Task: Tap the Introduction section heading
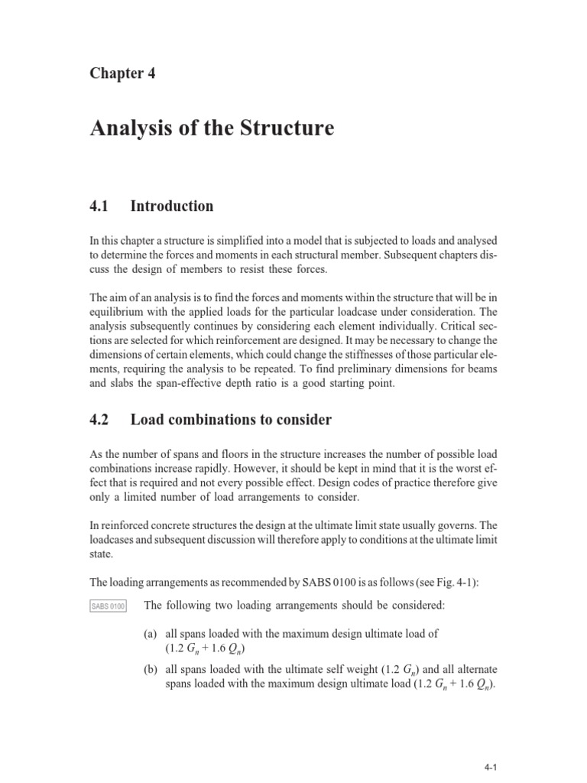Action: click(x=172, y=206)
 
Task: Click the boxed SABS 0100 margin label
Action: click(x=107, y=606)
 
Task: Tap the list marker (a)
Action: click(x=151, y=635)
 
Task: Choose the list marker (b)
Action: click(x=151, y=670)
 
